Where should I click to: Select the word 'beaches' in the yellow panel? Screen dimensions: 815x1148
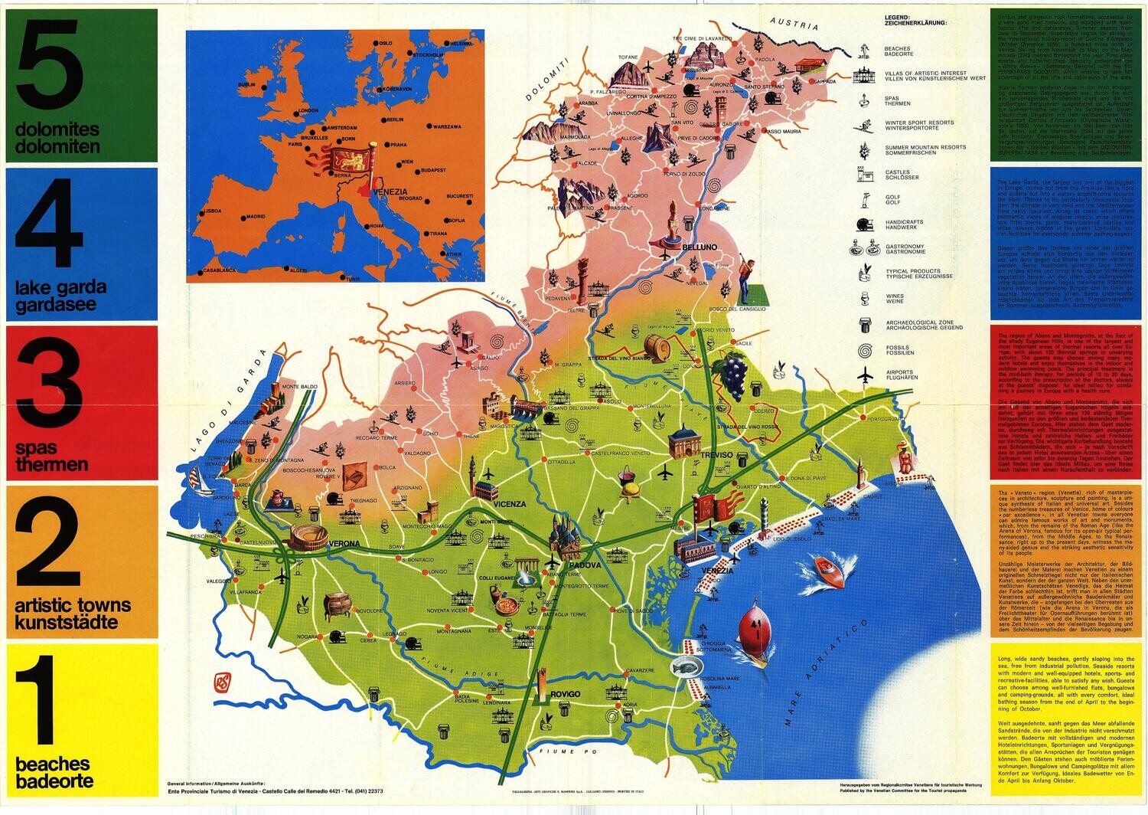(x=53, y=764)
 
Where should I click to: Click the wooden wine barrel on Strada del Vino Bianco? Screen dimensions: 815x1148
(x=657, y=346)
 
